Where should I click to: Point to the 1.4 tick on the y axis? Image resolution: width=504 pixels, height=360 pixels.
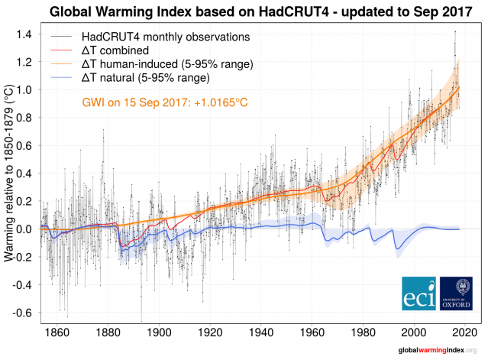(x=25, y=34)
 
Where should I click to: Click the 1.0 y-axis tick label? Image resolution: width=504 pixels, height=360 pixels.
(x=25, y=90)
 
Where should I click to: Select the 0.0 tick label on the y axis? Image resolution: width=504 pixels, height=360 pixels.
(x=25, y=229)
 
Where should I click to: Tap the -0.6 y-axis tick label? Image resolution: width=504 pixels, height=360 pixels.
(x=23, y=313)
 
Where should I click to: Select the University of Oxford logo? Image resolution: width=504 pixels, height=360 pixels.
(x=457, y=294)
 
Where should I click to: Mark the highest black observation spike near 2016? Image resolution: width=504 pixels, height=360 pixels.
(x=455, y=31)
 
